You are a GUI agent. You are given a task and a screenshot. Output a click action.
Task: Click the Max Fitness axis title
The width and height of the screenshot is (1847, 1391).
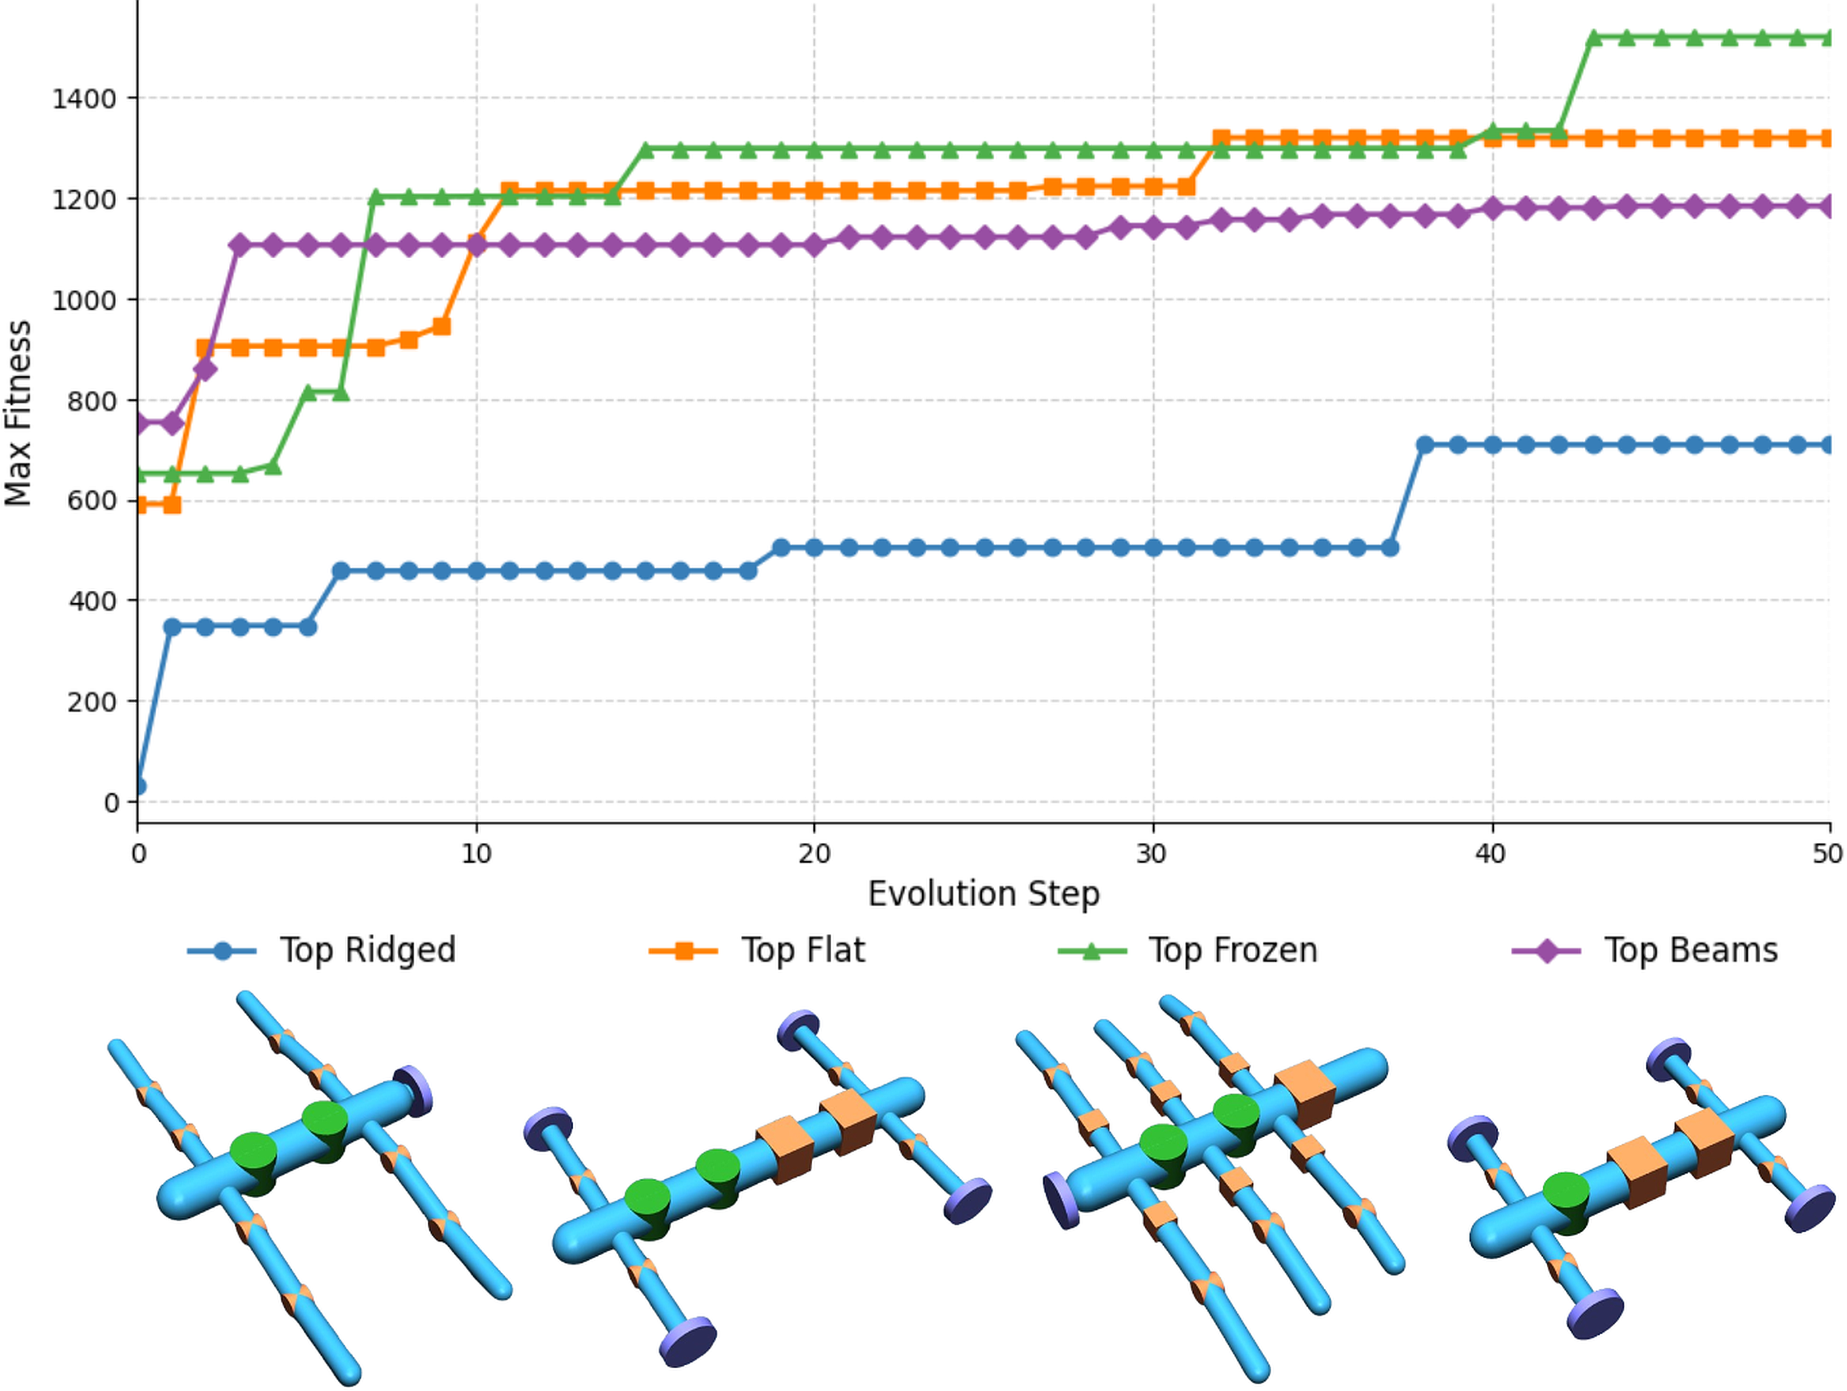tap(18, 412)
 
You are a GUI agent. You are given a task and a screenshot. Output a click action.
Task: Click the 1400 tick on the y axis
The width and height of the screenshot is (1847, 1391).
tap(84, 99)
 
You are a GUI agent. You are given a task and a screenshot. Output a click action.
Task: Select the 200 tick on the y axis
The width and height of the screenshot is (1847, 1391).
tap(92, 702)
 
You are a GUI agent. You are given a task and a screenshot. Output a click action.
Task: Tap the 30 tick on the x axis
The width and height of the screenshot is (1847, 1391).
tap(1153, 853)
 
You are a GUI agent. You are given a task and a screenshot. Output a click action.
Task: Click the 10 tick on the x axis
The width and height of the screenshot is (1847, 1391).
tap(476, 853)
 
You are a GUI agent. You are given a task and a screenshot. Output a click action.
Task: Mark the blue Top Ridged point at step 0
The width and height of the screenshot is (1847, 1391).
tap(139, 787)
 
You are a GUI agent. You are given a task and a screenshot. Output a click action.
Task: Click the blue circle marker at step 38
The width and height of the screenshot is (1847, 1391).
tap(1425, 445)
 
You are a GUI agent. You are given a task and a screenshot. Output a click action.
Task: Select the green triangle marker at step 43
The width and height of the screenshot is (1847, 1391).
tap(1593, 37)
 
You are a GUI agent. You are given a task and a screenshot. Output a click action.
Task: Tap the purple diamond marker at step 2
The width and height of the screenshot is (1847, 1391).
tap(205, 368)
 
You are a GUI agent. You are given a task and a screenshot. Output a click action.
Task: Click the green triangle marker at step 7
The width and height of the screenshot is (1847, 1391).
tap(376, 197)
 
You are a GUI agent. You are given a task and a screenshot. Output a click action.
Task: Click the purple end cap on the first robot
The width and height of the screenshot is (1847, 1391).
tap(414, 1089)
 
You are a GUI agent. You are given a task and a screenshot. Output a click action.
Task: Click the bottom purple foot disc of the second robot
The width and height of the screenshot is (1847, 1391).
tap(687, 1341)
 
